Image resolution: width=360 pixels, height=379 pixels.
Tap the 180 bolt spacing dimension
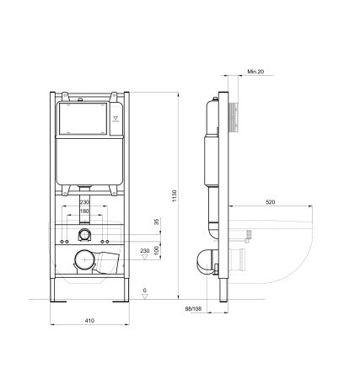click(x=84, y=211)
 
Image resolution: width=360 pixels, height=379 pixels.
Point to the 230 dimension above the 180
click(x=84, y=201)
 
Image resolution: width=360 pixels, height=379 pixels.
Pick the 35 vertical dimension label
click(x=155, y=222)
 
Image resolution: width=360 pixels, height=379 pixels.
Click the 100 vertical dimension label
click(x=155, y=242)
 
